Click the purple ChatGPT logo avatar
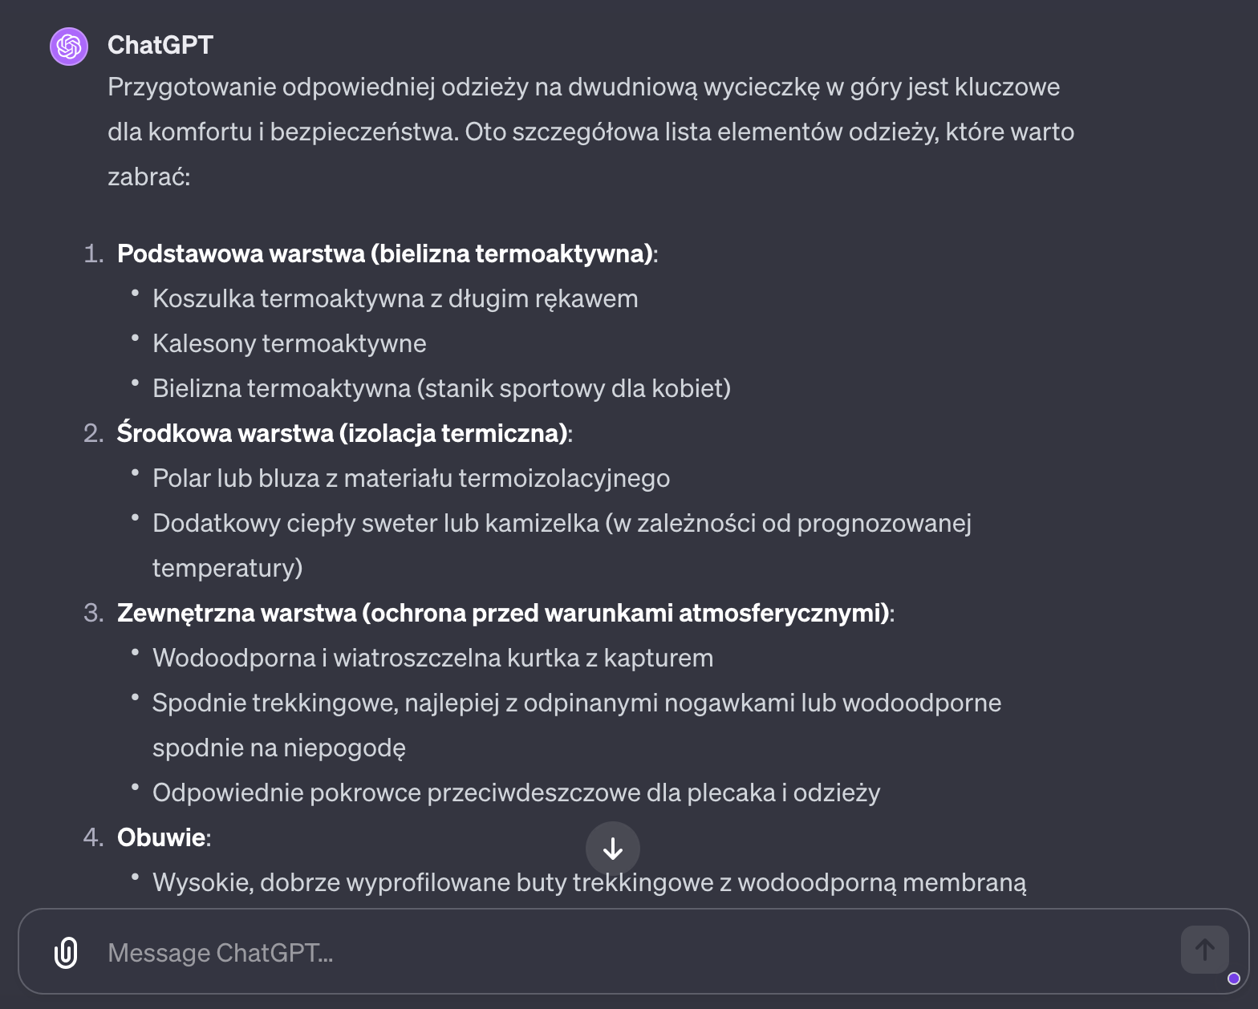pyautogui.click(x=69, y=46)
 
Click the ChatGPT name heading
pyautogui.click(x=160, y=45)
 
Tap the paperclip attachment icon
pyautogui.click(x=66, y=953)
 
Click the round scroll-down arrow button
pyautogui.click(x=613, y=849)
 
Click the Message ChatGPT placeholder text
pyautogui.click(x=220, y=953)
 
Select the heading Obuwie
pyautogui.click(x=161, y=837)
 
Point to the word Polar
pyautogui.click(x=181, y=478)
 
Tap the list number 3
pyautogui.click(x=92, y=613)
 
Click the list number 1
pyautogui.click(x=92, y=253)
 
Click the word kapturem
pyautogui.click(x=658, y=658)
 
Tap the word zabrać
pyautogui.click(x=148, y=176)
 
